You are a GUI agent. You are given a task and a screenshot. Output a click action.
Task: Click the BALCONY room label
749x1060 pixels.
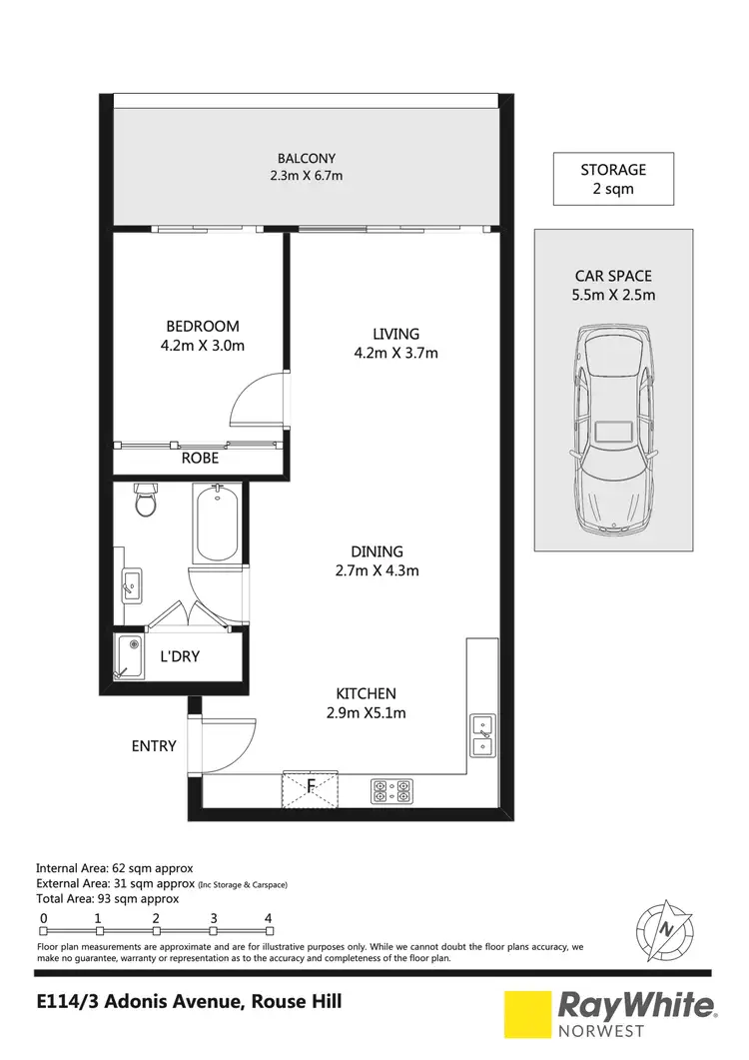[306, 158]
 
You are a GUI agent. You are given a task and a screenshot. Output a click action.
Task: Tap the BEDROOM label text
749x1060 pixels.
[203, 326]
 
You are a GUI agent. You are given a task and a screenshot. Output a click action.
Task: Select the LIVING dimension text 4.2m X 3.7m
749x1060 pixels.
[396, 352]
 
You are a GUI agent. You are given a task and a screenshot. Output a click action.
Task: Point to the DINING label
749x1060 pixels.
[376, 551]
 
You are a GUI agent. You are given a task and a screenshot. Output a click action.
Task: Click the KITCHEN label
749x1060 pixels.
[367, 693]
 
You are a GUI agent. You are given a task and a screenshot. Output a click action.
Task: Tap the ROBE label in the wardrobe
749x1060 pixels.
[200, 460]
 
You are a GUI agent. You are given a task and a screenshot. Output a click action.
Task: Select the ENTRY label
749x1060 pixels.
[154, 745]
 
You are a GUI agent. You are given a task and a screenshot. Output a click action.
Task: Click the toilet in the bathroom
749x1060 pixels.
[146, 500]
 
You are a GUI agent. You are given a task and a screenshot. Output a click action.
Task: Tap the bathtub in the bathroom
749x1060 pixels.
[216, 524]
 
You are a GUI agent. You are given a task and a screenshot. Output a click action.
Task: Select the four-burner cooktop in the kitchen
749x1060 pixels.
[391, 790]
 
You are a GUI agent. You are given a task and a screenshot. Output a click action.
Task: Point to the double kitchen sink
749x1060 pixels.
[481, 735]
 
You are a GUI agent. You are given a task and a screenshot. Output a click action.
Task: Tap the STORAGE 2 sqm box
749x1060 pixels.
[613, 179]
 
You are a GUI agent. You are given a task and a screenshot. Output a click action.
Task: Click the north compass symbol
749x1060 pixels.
[662, 926]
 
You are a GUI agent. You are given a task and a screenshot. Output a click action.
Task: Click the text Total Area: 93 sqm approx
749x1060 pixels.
[107, 898]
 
